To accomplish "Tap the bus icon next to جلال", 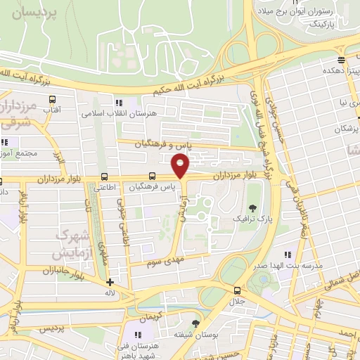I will tap(236, 289).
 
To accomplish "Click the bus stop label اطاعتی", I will tap(105, 188).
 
